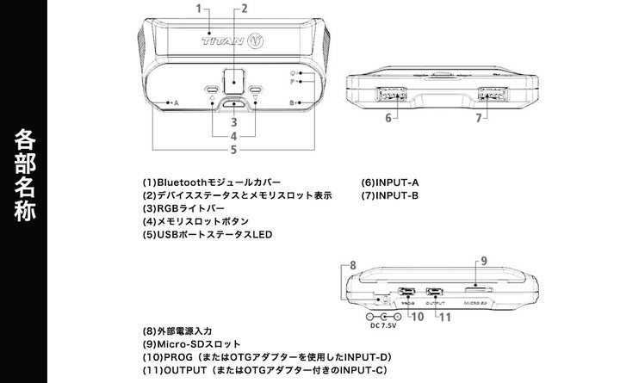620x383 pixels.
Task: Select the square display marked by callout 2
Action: point(232,81)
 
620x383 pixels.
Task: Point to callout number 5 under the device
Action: point(233,150)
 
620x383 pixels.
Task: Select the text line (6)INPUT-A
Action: point(390,182)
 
